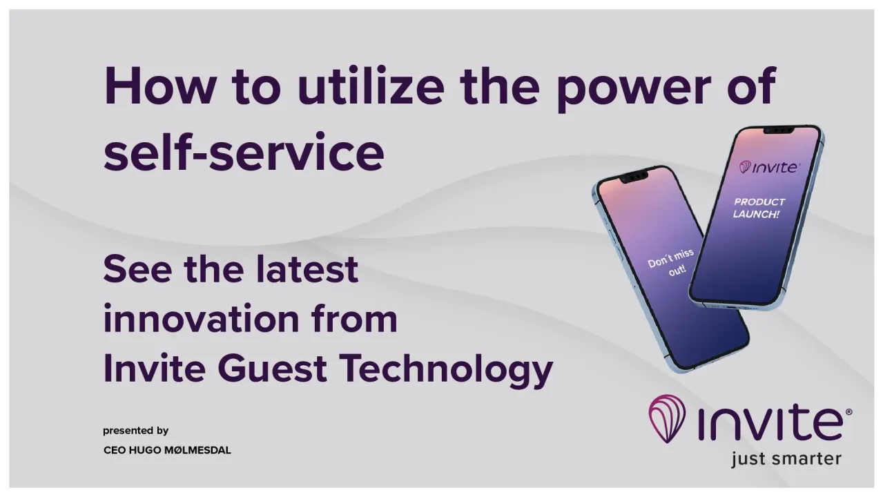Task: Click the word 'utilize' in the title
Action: [371, 87]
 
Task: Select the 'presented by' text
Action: [136, 431]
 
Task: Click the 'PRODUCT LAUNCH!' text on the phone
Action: [758, 208]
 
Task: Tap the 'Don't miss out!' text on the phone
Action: [671, 262]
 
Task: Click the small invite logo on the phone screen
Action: [770, 167]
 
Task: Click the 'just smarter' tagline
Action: [786, 458]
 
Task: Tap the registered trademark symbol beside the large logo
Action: [848, 412]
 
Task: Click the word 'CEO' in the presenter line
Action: [115, 450]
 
